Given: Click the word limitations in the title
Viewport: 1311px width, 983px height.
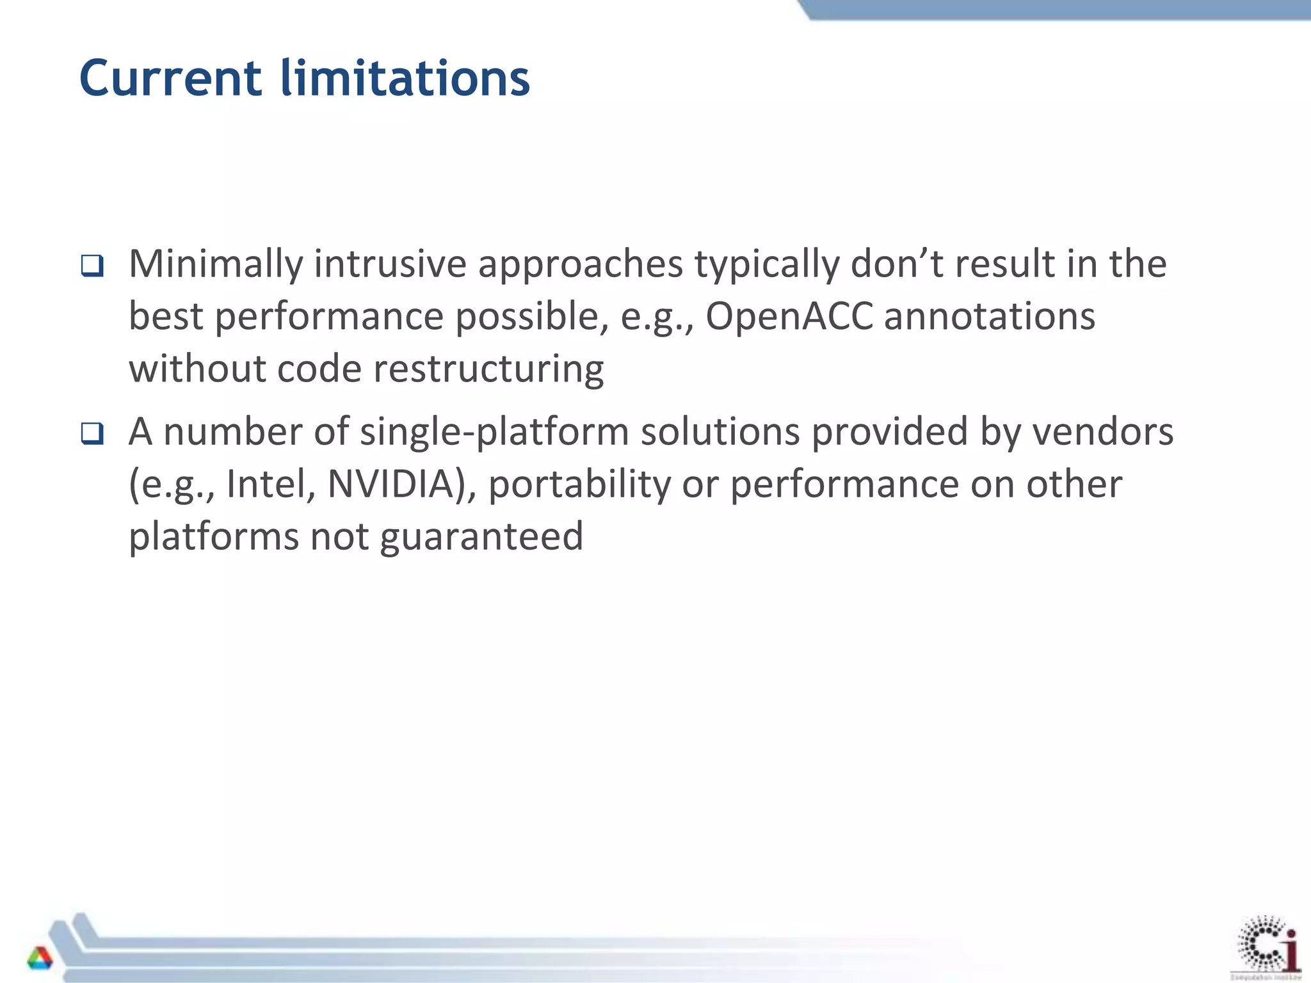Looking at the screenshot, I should [405, 78].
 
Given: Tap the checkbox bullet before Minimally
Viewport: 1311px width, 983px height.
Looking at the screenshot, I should [92, 265].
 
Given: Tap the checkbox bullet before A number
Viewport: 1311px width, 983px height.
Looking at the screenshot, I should [92, 433].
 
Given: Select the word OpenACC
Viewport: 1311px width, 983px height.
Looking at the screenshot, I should [789, 316].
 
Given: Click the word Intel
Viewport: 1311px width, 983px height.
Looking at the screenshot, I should [270, 484].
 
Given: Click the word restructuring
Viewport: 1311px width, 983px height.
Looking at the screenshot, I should [488, 369].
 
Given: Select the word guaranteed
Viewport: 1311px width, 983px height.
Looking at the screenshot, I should [481, 536].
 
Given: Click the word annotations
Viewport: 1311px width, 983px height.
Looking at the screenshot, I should [989, 316].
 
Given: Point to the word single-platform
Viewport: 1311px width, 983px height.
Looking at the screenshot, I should [494, 433].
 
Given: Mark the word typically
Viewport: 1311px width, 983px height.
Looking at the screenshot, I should [766, 265].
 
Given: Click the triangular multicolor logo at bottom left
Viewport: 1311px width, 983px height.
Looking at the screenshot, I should [40, 958].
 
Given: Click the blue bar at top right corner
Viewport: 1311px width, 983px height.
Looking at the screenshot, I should [1056, 10].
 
